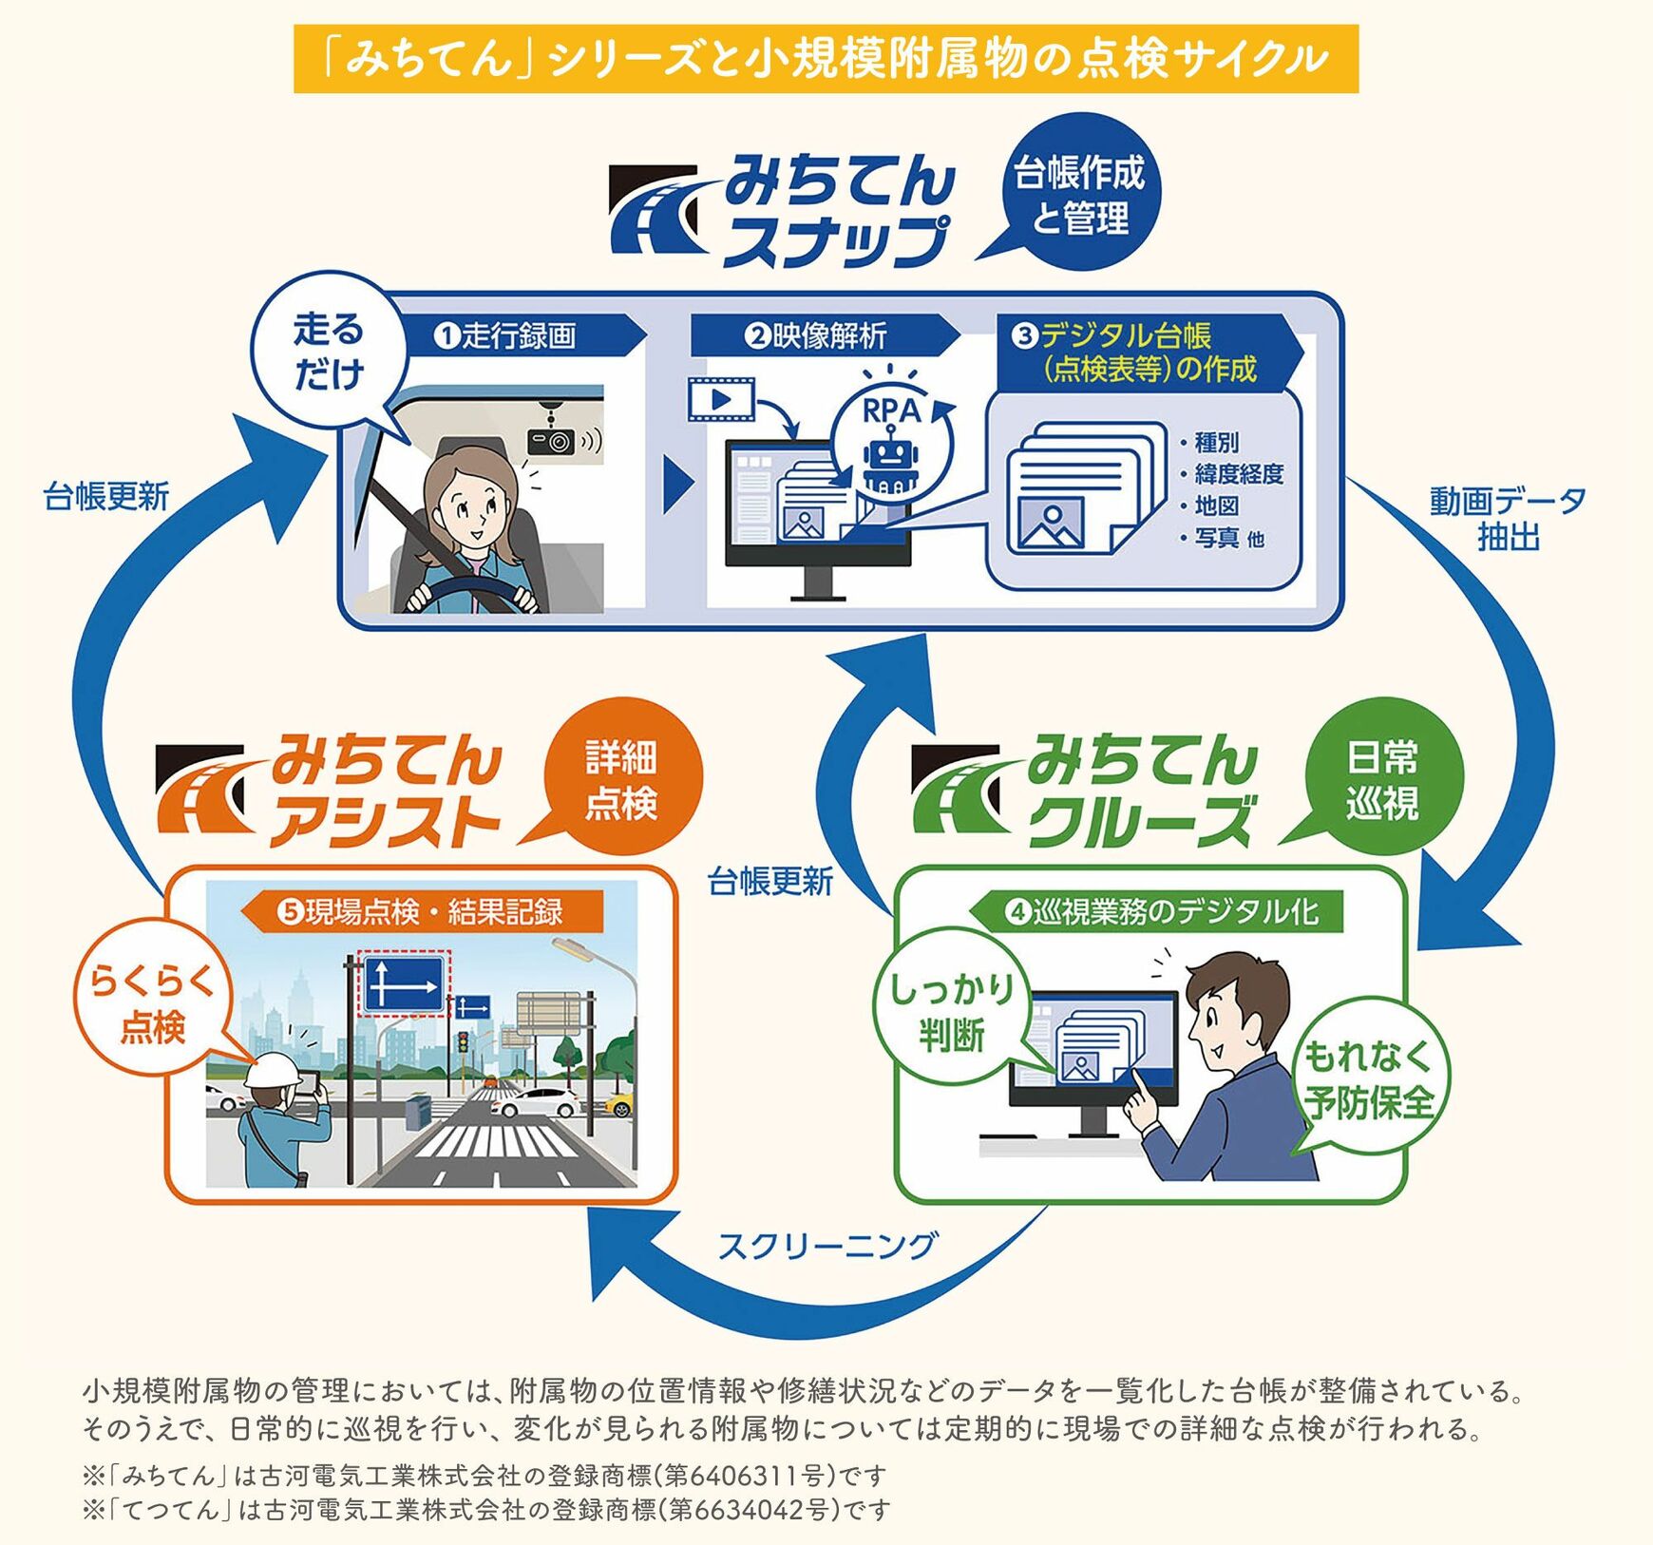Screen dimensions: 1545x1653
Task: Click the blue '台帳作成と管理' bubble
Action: (x=1079, y=196)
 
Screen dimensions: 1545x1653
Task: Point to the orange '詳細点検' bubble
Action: (x=621, y=781)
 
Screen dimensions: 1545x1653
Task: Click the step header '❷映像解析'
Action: (x=817, y=336)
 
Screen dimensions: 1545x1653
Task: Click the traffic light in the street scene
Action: (x=464, y=1042)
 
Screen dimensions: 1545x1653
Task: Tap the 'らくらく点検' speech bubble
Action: (x=152, y=1003)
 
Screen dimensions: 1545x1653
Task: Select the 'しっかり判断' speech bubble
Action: (x=950, y=1011)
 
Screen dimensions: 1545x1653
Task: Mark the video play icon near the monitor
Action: (x=720, y=399)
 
